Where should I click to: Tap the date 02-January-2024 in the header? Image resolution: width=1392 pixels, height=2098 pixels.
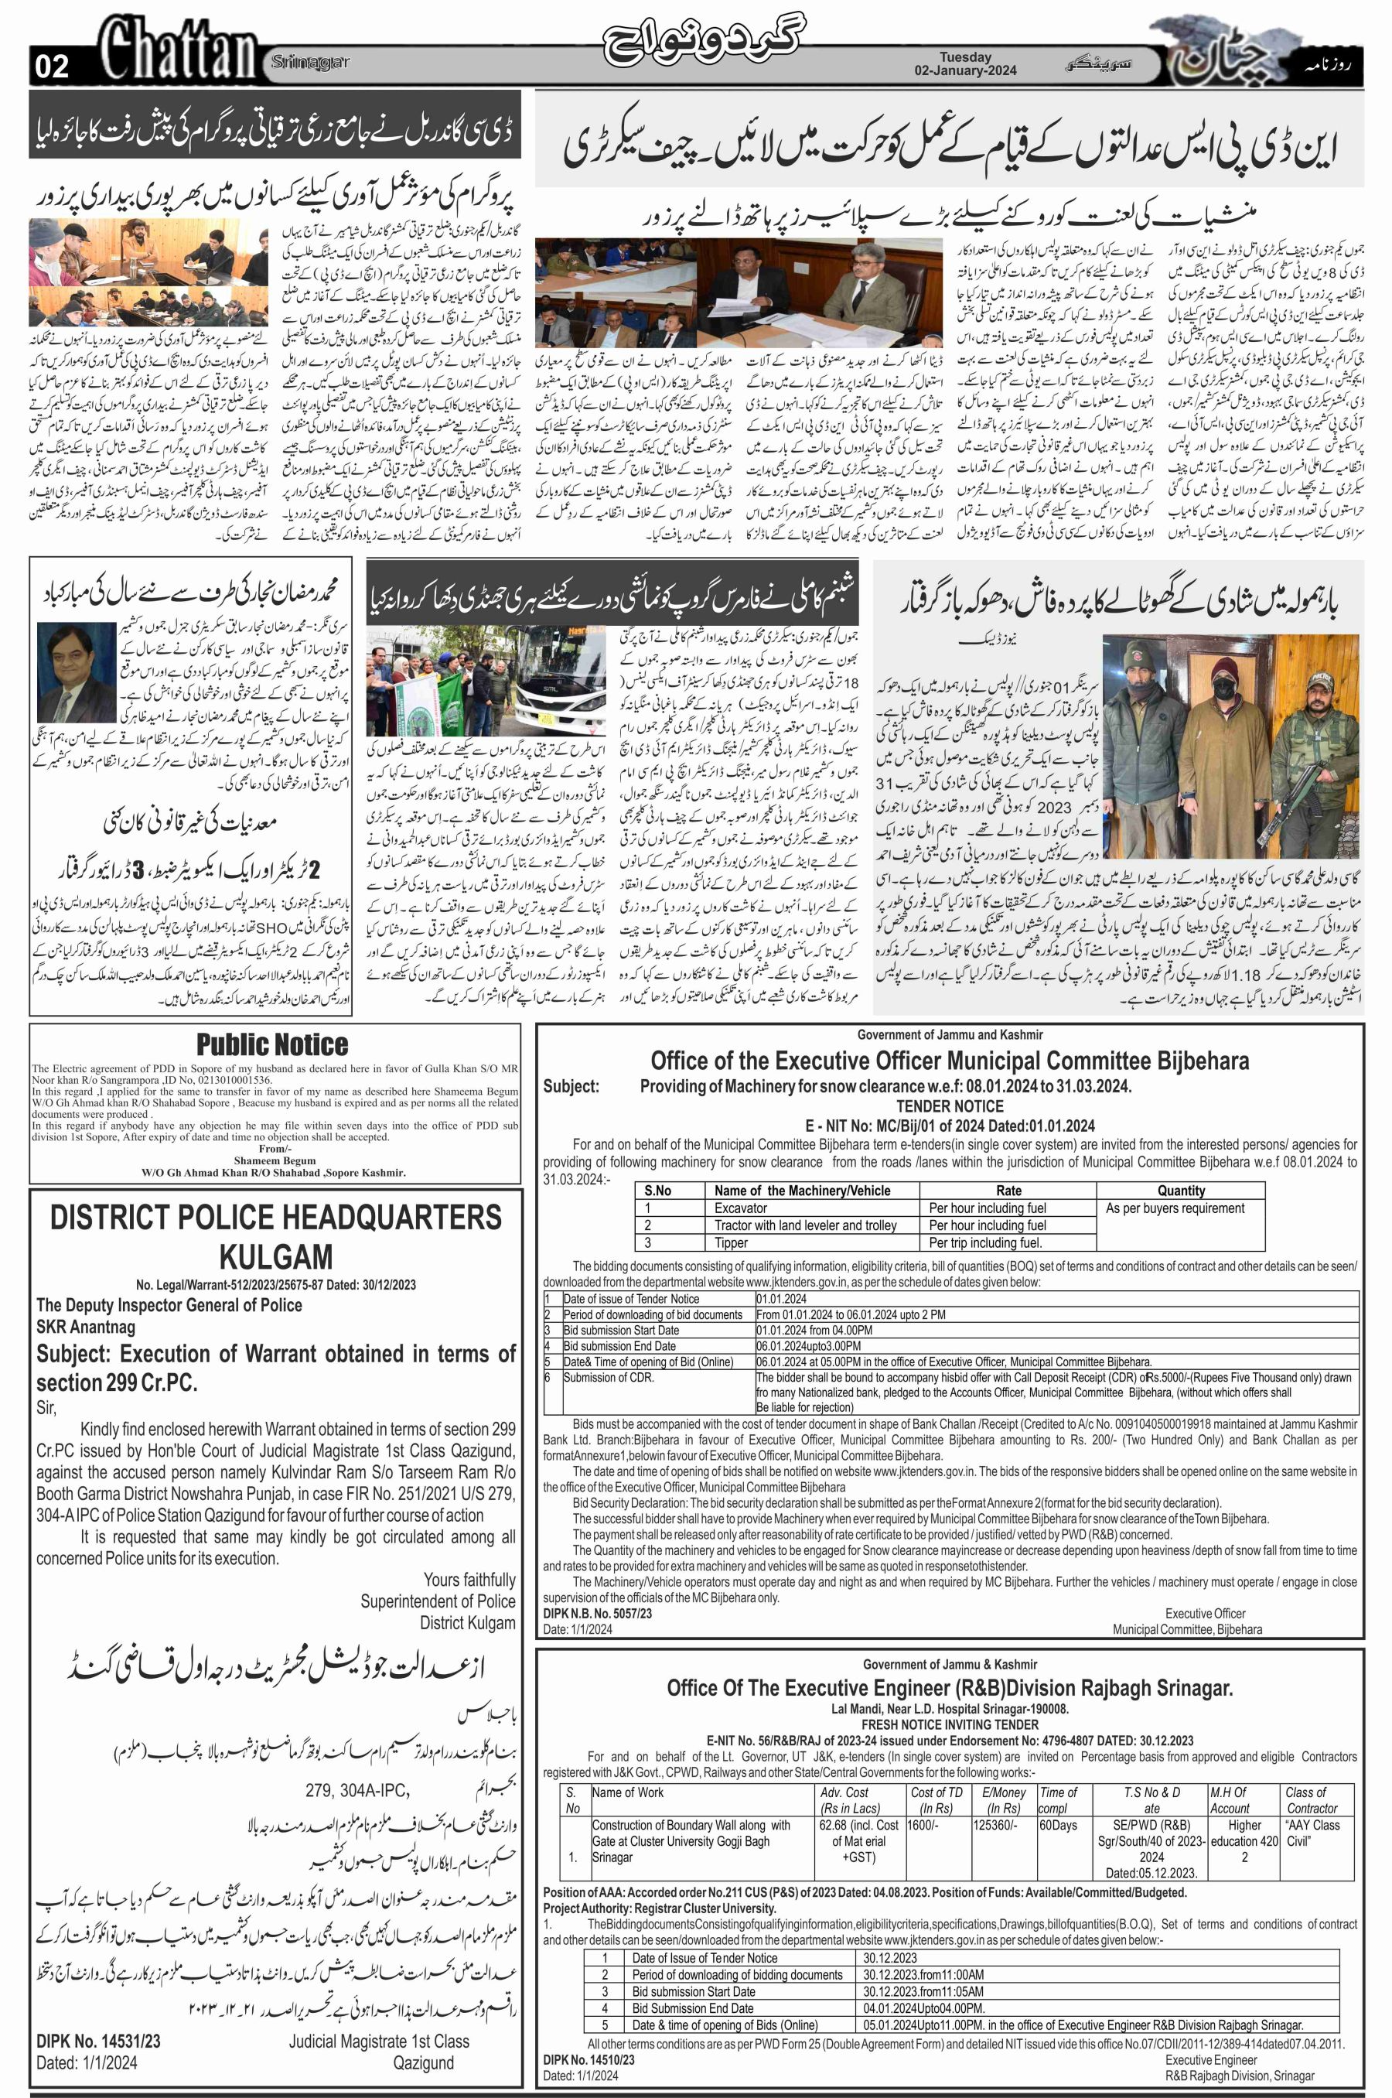click(966, 70)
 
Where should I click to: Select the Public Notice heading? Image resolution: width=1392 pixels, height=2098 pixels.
click(272, 1044)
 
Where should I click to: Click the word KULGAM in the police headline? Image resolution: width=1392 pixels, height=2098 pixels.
click(276, 1256)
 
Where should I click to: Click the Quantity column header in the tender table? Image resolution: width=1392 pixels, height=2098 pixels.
click(1181, 1191)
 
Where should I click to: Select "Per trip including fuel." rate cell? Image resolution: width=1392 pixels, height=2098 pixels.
click(984, 1243)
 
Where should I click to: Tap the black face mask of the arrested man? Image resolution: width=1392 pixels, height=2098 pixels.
click(1224, 688)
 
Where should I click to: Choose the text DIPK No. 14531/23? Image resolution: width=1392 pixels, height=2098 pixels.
click(98, 2042)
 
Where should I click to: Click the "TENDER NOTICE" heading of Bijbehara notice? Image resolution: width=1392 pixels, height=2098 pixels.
click(949, 1106)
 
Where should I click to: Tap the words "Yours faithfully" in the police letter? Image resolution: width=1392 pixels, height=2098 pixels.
click(469, 1580)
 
